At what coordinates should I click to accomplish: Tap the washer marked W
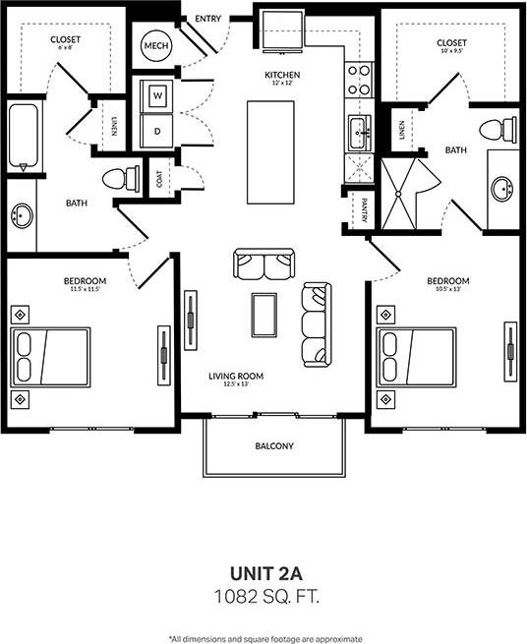click(156, 95)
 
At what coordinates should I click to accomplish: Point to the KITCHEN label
click(281, 76)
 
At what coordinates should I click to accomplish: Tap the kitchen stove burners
click(358, 80)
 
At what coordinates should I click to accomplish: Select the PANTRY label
click(364, 210)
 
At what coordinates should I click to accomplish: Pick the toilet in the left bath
click(118, 179)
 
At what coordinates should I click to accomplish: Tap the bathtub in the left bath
click(24, 134)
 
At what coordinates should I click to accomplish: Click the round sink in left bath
click(22, 215)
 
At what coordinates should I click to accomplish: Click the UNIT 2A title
click(264, 573)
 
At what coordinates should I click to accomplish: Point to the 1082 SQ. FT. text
click(264, 595)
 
